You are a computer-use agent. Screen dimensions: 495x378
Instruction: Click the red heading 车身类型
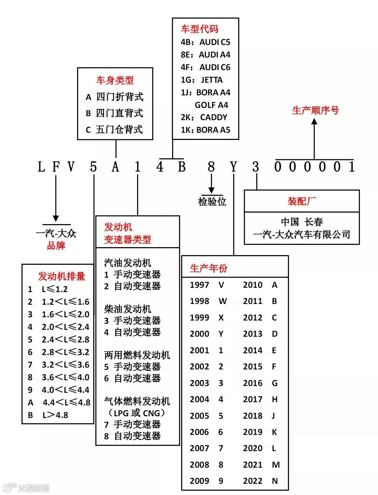[x=115, y=80]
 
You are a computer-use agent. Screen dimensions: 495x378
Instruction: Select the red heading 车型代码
[x=199, y=29]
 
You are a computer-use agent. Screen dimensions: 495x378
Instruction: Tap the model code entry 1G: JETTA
[x=202, y=80]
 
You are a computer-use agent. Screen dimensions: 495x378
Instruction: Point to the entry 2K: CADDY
[x=204, y=117]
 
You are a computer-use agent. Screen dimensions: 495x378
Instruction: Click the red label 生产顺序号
[x=315, y=110]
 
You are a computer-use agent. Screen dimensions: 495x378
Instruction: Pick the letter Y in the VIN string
[x=234, y=167]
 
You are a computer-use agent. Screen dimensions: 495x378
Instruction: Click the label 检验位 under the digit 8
[x=212, y=201]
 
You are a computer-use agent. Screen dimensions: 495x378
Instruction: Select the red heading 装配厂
[x=302, y=201]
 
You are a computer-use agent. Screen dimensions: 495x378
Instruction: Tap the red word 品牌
[x=56, y=246]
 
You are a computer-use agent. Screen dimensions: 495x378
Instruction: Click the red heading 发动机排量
[x=62, y=276]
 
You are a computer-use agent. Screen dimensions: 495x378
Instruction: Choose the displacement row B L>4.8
[x=48, y=415]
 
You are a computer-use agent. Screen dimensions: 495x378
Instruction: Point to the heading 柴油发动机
[x=127, y=309]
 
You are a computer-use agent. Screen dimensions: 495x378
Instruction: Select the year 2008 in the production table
[x=199, y=465]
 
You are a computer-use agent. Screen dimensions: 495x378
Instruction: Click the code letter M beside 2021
[x=276, y=465]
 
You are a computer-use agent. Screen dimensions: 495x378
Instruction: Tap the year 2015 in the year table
[x=253, y=367]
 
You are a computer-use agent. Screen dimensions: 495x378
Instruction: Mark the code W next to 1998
[x=222, y=301]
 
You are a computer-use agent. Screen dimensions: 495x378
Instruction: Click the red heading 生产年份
[x=209, y=268]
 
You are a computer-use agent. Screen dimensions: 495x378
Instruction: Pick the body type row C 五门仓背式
[x=114, y=130]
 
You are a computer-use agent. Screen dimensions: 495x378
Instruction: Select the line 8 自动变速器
[x=132, y=436]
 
